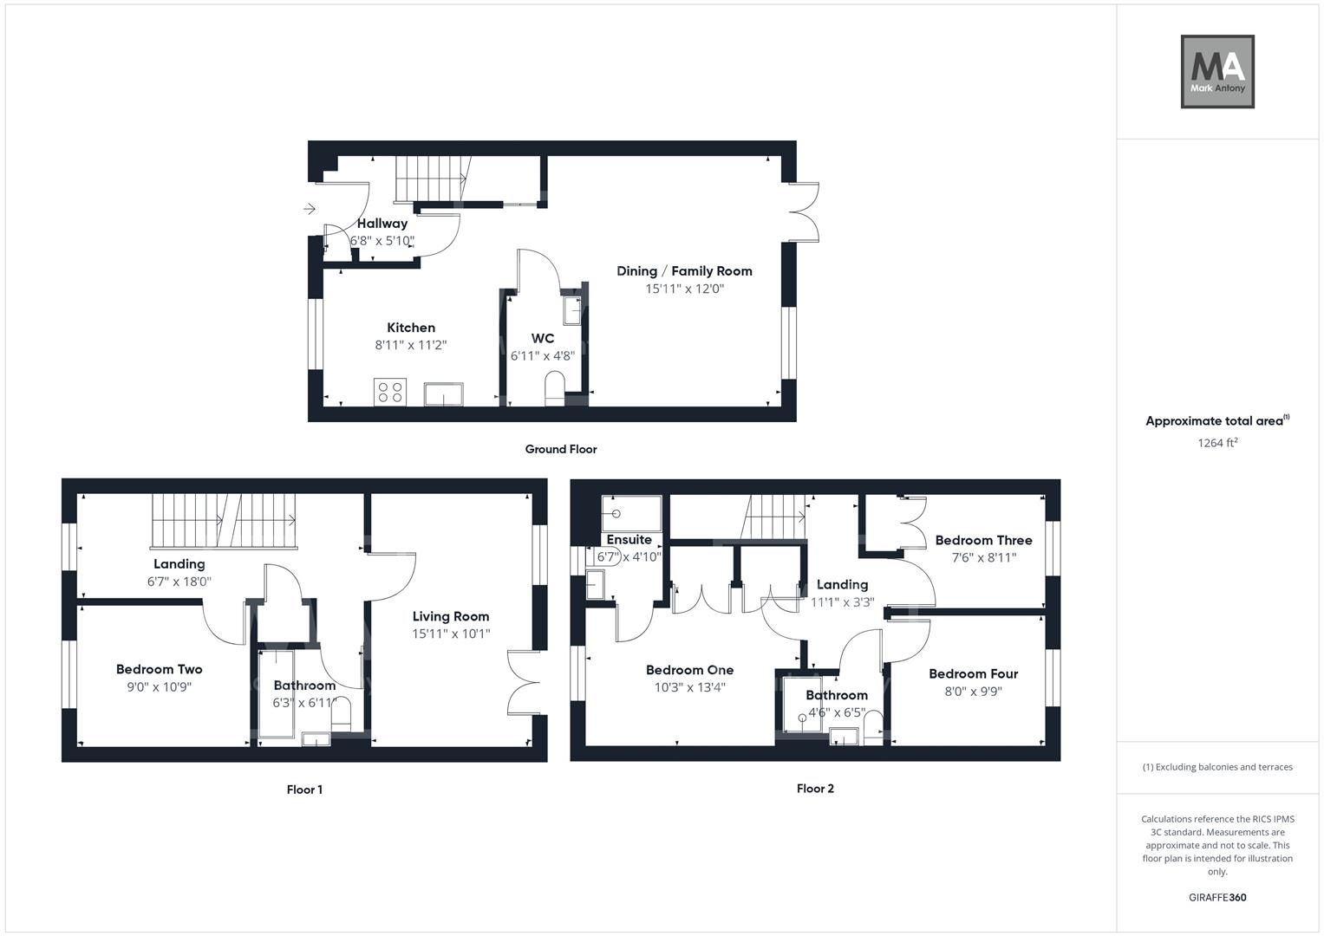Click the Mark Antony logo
(x=1216, y=72)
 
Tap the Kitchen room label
(x=411, y=328)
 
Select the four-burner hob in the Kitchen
(x=389, y=392)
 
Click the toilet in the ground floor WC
(x=553, y=387)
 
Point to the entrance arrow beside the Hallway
(x=310, y=208)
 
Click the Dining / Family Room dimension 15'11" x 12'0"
(x=684, y=289)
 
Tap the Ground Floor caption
(x=561, y=449)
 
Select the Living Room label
(x=451, y=616)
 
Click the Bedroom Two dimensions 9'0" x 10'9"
(x=160, y=687)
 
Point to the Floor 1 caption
(x=304, y=790)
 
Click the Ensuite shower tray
(x=631, y=512)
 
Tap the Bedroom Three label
(x=983, y=540)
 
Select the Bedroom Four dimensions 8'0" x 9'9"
(x=973, y=692)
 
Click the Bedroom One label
(x=689, y=670)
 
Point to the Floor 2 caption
(x=815, y=789)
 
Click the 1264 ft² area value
(x=1216, y=443)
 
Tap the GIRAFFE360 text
(x=1216, y=898)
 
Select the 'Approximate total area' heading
(x=1214, y=421)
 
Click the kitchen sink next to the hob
(x=443, y=394)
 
